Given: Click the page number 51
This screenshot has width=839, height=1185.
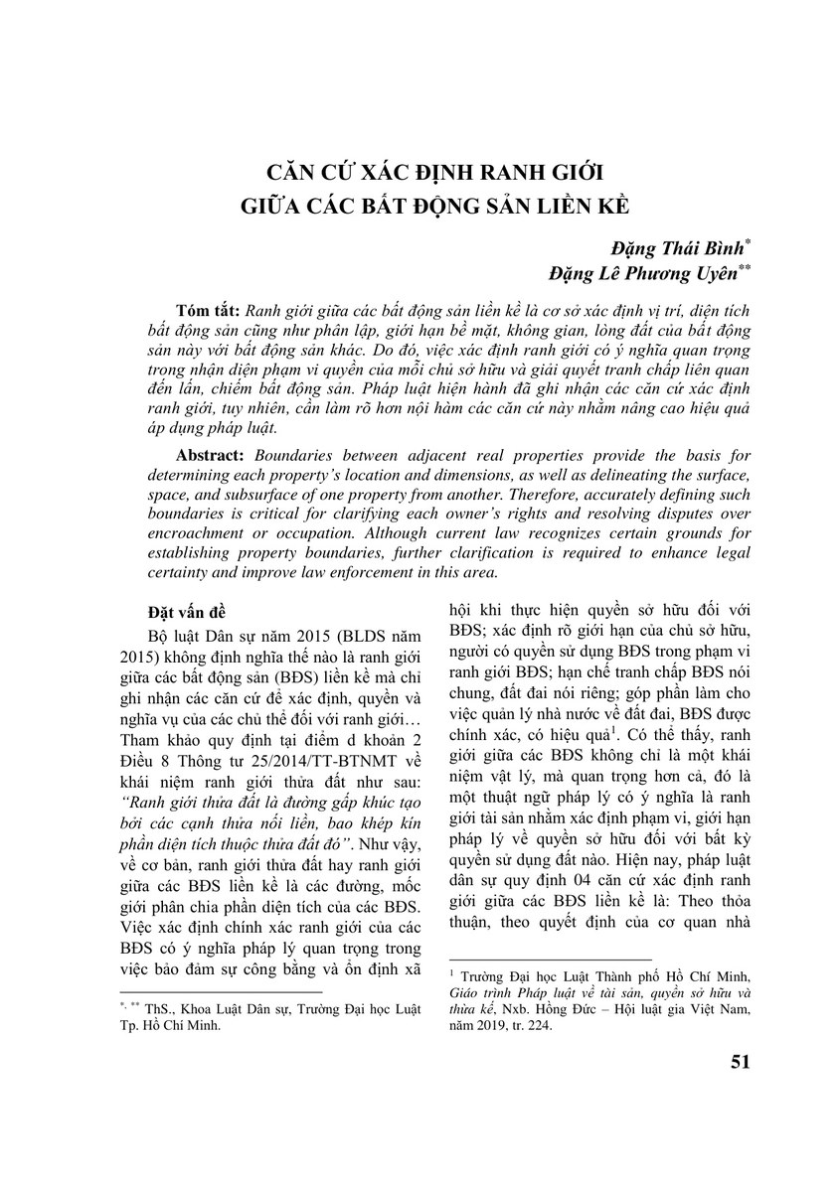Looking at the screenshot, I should [x=739, y=1061].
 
